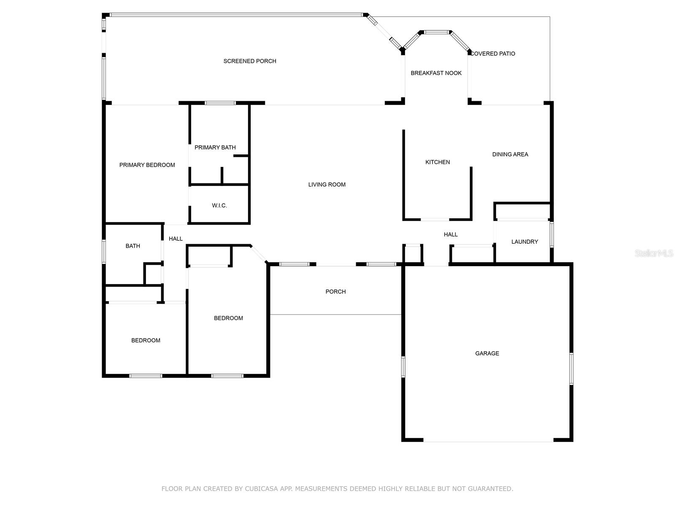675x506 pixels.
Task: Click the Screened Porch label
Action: tap(250, 61)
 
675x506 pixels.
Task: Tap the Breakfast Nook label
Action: tap(436, 73)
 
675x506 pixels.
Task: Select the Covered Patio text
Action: tap(493, 54)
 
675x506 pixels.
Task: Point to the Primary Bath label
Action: tap(215, 148)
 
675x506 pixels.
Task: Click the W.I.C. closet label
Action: tap(219, 206)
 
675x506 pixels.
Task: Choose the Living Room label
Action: tap(327, 185)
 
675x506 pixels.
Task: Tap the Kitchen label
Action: tap(437, 162)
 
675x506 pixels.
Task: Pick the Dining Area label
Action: tap(510, 154)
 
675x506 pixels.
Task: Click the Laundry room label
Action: tap(524, 242)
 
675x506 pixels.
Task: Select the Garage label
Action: tap(487, 353)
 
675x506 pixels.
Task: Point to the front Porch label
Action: tap(335, 292)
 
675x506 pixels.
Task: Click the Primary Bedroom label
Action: tap(147, 165)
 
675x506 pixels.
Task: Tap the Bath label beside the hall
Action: tap(132, 246)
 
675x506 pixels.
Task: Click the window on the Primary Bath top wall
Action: tap(220, 103)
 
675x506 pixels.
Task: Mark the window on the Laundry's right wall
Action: tap(551, 235)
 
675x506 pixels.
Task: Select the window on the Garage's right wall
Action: tap(571, 369)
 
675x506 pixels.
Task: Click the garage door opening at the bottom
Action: tap(488, 441)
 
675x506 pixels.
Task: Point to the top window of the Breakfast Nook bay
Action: tap(436, 32)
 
